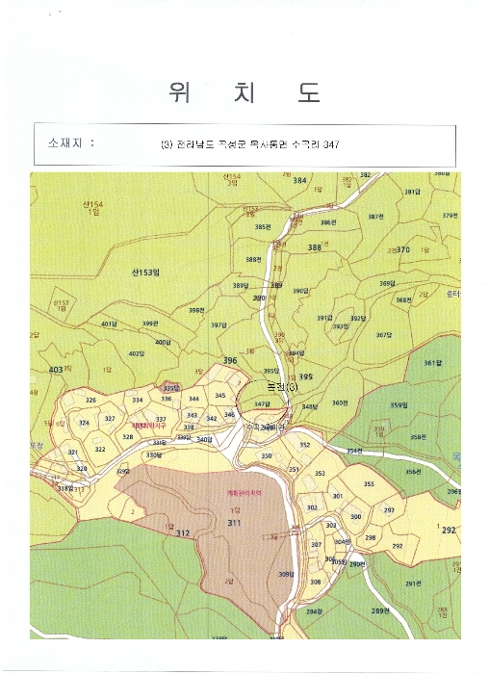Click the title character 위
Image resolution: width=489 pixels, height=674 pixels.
click(177, 93)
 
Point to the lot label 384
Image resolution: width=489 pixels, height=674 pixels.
click(299, 181)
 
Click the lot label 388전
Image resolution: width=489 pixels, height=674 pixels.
click(254, 259)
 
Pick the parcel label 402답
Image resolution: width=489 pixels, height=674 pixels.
click(137, 353)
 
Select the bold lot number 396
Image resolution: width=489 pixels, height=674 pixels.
click(229, 361)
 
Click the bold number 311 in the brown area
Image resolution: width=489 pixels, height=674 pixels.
click(234, 523)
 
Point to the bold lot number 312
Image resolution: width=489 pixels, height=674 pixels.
click(182, 531)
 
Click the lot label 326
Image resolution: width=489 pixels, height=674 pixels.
click(90, 400)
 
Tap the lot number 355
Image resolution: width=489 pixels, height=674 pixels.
click(369, 484)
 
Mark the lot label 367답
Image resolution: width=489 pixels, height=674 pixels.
click(384, 335)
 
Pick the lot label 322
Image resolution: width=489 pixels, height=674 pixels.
click(100, 449)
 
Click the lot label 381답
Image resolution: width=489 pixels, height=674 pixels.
click(412, 192)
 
